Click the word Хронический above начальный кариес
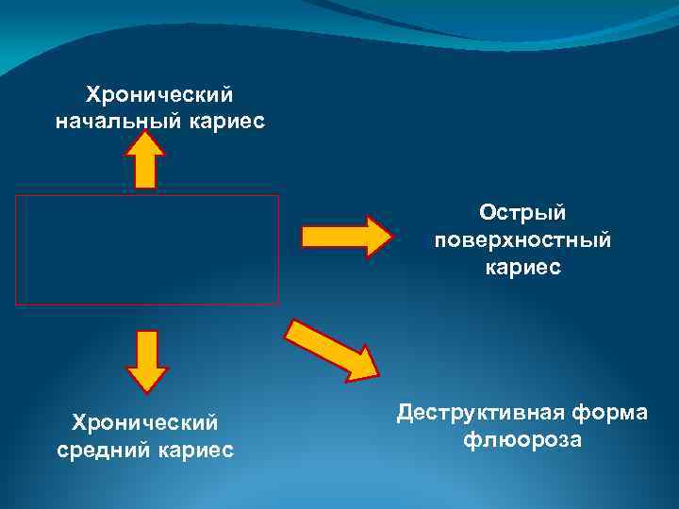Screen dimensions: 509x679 click(x=159, y=95)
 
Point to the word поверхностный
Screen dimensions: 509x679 click(x=522, y=240)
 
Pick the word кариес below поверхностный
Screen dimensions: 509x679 click(x=522, y=268)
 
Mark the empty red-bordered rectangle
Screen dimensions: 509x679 click(x=146, y=250)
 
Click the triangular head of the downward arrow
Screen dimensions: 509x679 click(x=146, y=378)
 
